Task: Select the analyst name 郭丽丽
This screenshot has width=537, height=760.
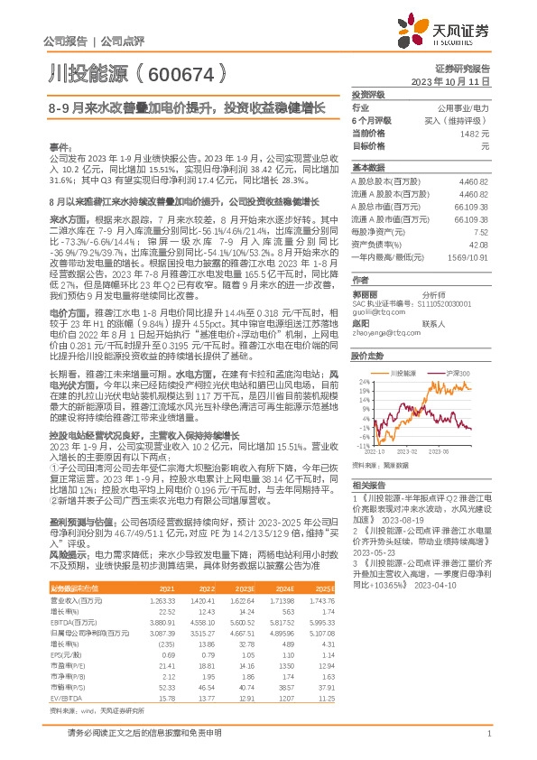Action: pos(364,293)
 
